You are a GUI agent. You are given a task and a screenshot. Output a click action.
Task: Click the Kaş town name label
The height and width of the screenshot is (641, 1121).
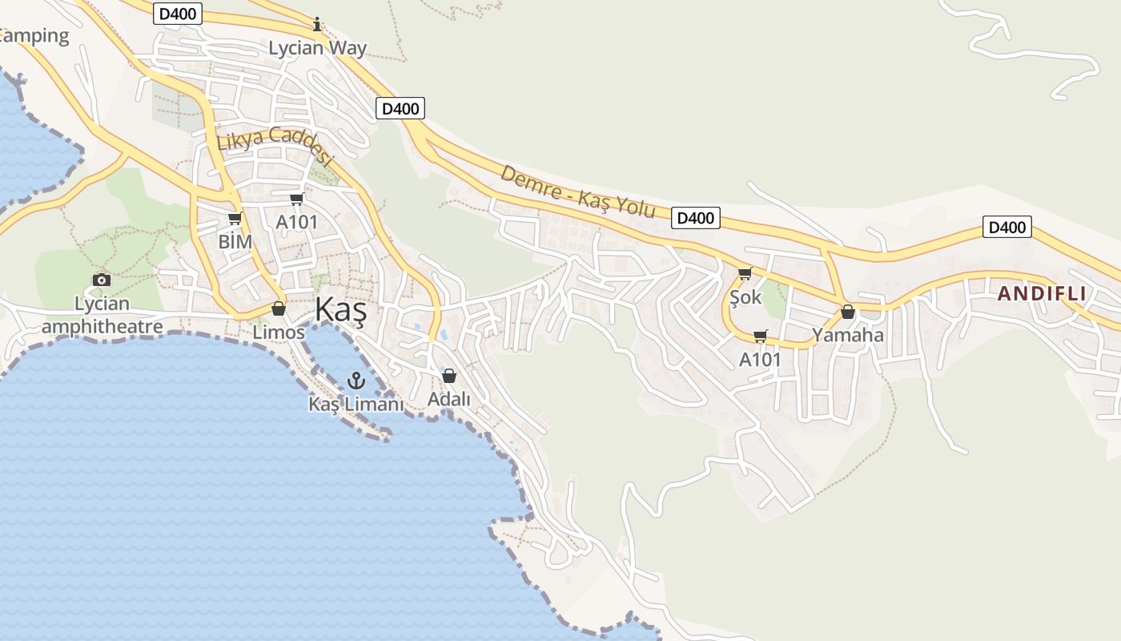(340, 310)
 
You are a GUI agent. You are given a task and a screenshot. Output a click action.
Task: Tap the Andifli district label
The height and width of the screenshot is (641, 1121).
(1042, 293)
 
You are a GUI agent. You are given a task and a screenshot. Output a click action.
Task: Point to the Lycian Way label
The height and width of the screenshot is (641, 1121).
(317, 48)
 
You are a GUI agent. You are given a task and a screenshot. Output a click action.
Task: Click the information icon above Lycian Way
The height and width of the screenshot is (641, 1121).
(317, 24)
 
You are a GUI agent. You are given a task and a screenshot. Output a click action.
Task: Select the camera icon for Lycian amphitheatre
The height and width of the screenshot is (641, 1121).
(102, 280)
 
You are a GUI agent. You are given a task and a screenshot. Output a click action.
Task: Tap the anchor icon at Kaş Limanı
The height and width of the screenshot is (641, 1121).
(356, 381)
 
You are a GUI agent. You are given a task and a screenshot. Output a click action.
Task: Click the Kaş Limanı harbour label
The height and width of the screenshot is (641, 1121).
(356, 404)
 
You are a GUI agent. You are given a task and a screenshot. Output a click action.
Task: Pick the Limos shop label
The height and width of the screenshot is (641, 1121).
(279, 332)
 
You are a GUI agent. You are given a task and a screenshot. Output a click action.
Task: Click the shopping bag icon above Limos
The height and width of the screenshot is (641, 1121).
(279, 308)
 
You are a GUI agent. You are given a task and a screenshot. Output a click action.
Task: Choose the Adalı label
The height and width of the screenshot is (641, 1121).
(449, 398)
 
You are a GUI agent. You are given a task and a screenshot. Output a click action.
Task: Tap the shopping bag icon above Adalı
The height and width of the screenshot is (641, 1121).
(449, 375)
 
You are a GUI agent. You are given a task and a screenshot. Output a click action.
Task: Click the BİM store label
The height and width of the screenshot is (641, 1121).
(235, 241)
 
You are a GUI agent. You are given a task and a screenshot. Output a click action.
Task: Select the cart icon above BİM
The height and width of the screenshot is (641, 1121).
(235, 218)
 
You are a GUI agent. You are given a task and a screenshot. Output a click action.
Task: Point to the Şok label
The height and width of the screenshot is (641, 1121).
(745, 297)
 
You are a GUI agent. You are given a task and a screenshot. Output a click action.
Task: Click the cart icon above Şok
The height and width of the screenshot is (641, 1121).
(745, 274)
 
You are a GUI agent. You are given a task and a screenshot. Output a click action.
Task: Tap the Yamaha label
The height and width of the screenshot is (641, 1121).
(848, 335)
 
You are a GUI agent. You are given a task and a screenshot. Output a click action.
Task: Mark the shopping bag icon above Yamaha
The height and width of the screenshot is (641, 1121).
(848, 312)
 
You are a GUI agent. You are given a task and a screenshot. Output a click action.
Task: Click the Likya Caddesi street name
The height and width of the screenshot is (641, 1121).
(274, 146)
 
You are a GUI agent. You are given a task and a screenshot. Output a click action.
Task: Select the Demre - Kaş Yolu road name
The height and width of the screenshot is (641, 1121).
(578, 191)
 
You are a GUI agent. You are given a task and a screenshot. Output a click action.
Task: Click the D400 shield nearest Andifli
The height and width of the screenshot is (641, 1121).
(1006, 228)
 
